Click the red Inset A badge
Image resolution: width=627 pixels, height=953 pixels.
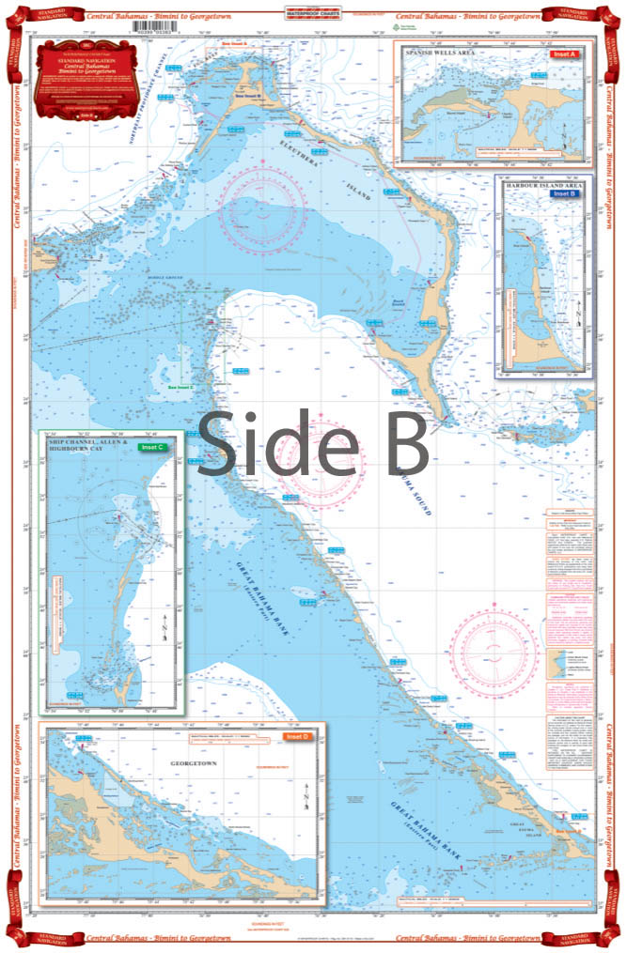point(562,54)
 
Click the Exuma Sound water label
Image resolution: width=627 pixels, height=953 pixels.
point(414,488)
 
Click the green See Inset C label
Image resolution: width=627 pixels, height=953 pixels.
point(180,386)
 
